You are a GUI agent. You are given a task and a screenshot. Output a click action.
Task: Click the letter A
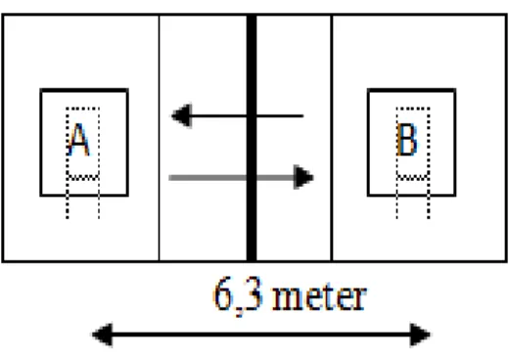point(78,140)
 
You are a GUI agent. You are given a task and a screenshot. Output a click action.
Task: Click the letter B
point(406,140)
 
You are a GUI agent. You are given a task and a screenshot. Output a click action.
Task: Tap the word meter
point(319,297)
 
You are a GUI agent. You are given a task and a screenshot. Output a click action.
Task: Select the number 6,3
point(238,295)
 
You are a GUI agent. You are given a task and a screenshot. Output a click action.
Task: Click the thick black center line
point(252,138)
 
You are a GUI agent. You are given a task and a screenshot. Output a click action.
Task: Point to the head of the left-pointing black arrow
point(181,115)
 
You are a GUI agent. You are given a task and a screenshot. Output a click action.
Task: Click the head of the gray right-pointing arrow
point(303,177)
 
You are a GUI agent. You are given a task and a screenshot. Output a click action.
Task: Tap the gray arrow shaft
point(231,178)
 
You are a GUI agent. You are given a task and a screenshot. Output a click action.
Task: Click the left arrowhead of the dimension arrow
point(102,335)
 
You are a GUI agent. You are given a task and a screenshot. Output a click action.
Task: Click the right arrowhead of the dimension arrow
point(420,335)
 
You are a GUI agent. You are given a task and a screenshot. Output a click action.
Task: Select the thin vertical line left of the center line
point(160,138)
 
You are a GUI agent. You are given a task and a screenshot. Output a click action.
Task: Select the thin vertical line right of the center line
point(332,138)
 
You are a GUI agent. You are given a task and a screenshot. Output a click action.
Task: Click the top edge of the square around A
point(84,90)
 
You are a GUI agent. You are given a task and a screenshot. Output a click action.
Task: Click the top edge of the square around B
point(412,90)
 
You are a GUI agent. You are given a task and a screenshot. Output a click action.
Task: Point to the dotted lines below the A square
point(83,207)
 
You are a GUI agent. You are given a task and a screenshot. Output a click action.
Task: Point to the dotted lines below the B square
point(413,207)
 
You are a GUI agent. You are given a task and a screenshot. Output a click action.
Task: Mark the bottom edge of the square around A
point(84,196)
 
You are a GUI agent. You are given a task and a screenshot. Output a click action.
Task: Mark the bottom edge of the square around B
point(412,196)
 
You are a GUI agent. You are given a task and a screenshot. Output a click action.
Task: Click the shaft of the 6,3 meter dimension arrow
point(261,335)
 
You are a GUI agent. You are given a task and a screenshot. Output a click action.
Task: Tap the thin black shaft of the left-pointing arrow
point(247,115)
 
